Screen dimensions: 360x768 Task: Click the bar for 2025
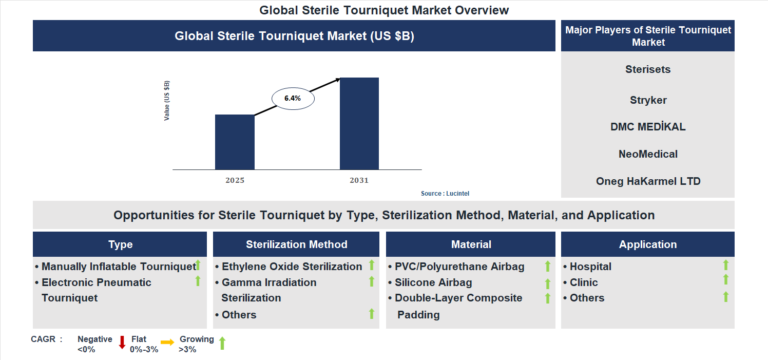point(235,142)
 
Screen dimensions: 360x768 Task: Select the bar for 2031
point(359,124)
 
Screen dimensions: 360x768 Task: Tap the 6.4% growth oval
point(293,98)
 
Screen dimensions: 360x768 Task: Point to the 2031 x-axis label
point(359,181)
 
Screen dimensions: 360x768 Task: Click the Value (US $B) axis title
point(167,101)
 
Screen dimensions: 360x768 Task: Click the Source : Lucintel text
point(445,194)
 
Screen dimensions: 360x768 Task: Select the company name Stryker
point(648,100)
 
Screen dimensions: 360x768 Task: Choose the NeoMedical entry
point(648,154)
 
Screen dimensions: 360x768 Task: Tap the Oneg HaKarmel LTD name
point(648,181)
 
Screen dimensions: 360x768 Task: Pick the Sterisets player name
point(648,69)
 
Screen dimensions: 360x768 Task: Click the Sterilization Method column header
point(296,244)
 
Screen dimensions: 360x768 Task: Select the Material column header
point(471,244)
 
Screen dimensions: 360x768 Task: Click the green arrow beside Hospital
point(725,265)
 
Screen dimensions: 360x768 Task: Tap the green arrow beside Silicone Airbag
point(547,283)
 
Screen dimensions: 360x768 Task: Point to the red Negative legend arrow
point(122,342)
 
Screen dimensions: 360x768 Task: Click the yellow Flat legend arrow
point(167,342)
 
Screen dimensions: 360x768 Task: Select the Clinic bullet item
point(584,282)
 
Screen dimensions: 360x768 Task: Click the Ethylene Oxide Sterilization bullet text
point(292,267)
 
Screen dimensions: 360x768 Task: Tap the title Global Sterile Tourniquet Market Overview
point(384,10)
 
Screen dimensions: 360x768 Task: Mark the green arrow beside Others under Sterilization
point(372,314)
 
